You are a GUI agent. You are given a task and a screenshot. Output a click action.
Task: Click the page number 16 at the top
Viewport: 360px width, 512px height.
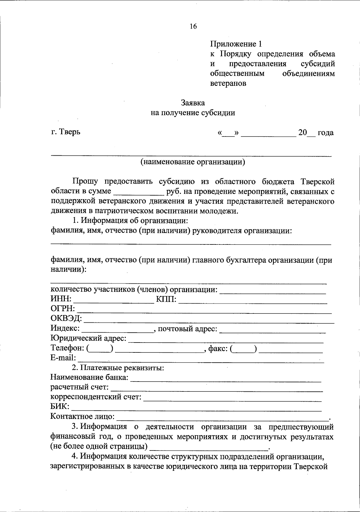point(193,26)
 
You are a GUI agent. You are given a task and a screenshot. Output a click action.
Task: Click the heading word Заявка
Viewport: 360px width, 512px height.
point(193,103)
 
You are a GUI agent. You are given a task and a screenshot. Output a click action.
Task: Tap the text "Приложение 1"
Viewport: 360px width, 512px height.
point(236,44)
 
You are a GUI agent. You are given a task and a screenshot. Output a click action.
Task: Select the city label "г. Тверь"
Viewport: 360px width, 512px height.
point(65,132)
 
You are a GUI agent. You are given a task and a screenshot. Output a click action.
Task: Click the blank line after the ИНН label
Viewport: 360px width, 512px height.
point(114,300)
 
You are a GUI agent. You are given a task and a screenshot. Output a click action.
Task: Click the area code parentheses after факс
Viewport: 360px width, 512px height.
point(244,348)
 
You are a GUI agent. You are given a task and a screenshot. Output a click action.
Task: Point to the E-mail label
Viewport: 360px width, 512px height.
point(63,358)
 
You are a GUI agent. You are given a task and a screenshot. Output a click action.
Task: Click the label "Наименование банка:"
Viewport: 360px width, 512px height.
point(89,377)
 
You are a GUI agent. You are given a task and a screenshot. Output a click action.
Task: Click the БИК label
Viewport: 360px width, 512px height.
point(60,406)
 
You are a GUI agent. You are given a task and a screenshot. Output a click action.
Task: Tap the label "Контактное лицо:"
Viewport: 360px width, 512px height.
point(82,416)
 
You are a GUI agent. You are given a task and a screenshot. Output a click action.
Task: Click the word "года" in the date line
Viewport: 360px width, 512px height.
point(325,132)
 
